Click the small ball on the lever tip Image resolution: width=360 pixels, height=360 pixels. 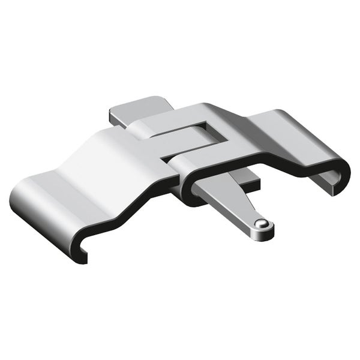261,224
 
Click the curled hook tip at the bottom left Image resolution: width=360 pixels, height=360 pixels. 81,252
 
